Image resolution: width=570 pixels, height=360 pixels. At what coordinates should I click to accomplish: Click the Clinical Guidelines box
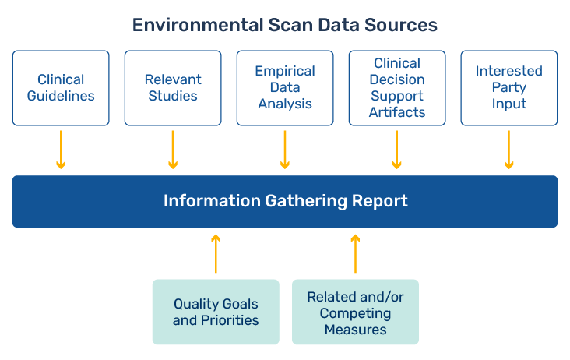[61, 88]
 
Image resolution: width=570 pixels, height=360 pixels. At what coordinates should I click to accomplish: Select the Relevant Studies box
[173, 88]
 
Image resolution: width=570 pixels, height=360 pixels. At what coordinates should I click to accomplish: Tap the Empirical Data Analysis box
[285, 88]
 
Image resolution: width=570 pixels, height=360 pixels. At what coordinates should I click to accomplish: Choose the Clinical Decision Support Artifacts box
[397, 88]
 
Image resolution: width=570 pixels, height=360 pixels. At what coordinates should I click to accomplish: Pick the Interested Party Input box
[509, 88]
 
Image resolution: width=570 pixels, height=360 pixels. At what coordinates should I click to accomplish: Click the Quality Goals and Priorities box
[216, 312]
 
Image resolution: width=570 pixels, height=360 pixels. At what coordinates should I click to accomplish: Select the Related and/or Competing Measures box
[355, 312]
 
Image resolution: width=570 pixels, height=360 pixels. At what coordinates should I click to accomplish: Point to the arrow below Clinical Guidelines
[61, 150]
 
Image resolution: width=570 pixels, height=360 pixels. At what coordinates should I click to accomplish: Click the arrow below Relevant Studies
[173, 150]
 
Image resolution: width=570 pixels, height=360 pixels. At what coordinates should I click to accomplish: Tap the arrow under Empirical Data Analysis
[285, 150]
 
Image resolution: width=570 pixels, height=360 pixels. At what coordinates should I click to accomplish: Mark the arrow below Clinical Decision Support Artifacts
[397, 150]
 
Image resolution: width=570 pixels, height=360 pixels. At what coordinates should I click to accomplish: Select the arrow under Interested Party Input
[509, 150]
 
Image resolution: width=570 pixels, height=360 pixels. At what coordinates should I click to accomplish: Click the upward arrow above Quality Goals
[216, 252]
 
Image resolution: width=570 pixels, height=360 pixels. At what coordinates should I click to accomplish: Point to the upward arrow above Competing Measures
[355, 252]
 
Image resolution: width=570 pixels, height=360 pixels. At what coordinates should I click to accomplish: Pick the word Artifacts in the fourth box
[397, 112]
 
